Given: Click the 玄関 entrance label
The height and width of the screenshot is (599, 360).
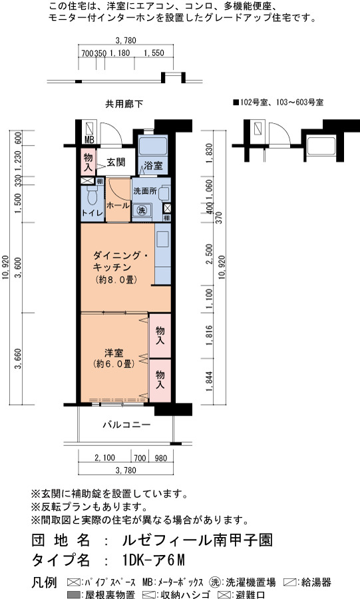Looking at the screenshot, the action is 116,162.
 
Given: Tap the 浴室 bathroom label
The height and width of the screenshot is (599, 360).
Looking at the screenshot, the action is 153,166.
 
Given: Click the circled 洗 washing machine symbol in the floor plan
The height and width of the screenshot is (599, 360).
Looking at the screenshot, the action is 142,210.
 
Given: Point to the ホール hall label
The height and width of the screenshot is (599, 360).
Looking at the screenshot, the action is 118,206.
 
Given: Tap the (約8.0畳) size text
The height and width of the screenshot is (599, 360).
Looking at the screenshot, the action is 116,280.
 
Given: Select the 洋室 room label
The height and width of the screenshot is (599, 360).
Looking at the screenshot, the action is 114,353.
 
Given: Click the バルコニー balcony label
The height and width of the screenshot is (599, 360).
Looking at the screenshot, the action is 126,425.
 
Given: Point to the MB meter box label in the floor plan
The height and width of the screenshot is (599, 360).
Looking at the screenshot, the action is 89,140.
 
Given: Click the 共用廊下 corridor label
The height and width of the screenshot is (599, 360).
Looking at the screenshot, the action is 124,104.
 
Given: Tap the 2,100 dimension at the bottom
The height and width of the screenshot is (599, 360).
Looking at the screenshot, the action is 104,458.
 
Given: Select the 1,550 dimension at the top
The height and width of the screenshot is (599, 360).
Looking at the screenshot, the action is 154,53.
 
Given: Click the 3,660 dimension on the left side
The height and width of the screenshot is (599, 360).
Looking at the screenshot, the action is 18,359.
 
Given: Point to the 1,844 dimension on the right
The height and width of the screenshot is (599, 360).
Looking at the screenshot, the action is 209,381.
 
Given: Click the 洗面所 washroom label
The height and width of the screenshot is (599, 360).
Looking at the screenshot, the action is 144,190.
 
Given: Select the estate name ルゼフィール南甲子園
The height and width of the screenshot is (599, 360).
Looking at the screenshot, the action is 198,540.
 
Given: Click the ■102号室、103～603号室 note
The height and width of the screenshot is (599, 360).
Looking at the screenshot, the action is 278,102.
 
